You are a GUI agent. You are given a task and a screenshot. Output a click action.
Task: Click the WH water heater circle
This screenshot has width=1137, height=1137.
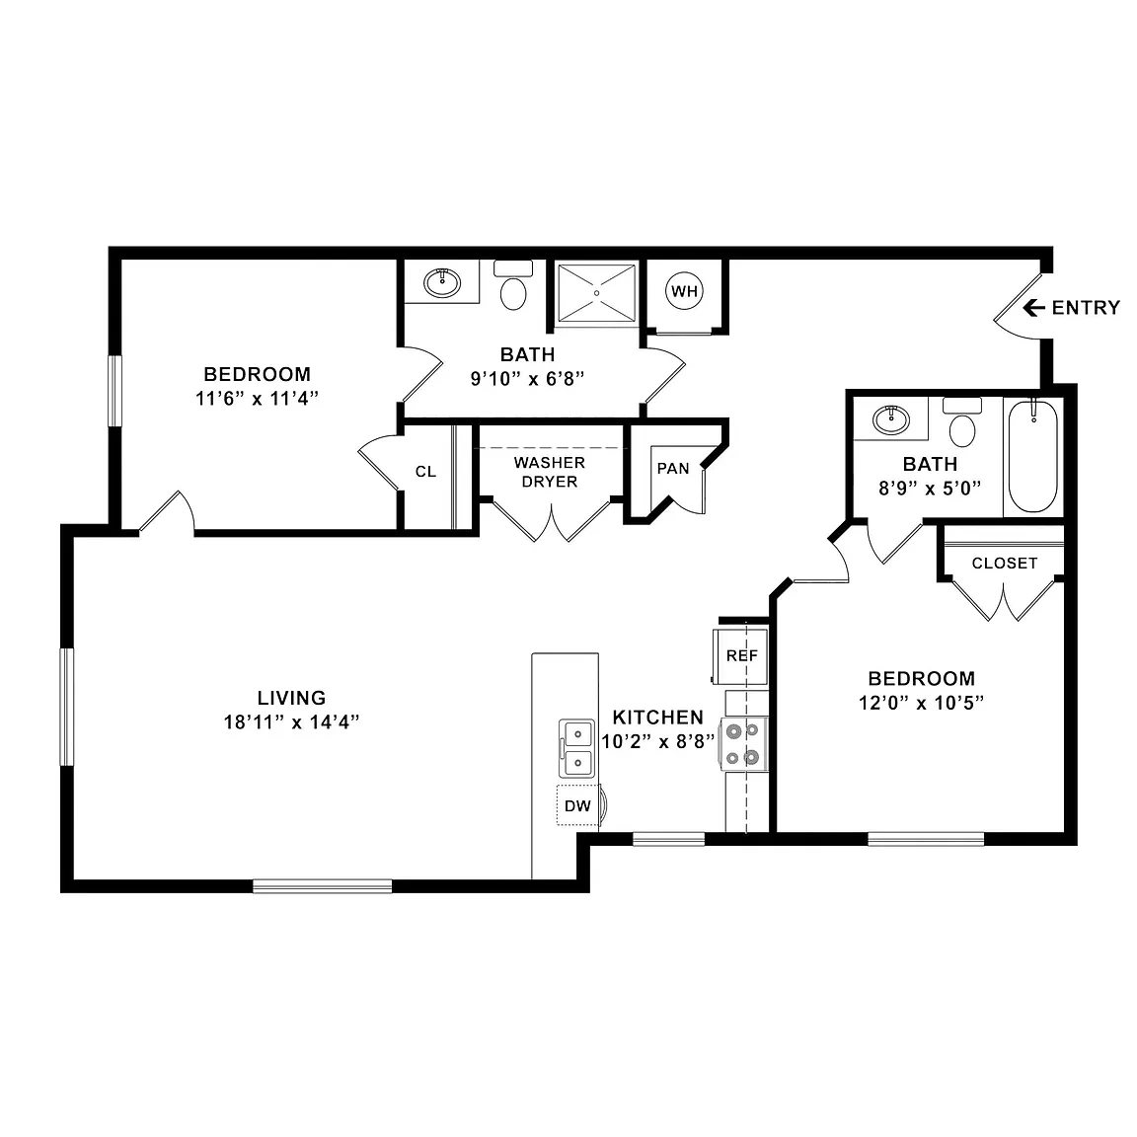pyautogui.click(x=684, y=291)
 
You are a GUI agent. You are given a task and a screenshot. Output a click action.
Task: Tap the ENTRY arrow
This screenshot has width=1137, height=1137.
pyautogui.click(x=1033, y=308)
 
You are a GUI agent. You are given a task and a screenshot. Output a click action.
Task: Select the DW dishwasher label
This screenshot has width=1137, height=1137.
pyautogui.click(x=577, y=805)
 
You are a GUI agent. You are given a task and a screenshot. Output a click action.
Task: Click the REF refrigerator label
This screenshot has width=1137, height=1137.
pyautogui.click(x=742, y=655)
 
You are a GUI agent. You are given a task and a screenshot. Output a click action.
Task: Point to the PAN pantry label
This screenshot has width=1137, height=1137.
pyautogui.click(x=673, y=469)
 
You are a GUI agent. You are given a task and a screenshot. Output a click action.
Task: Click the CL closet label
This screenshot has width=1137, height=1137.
pyautogui.click(x=425, y=472)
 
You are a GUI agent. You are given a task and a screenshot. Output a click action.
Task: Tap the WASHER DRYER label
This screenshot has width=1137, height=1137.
pyautogui.click(x=550, y=472)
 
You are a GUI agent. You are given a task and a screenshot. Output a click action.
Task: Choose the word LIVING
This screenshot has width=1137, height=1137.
pyautogui.click(x=291, y=698)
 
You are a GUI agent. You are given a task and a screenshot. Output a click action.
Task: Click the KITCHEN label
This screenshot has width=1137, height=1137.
pyautogui.click(x=657, y=718)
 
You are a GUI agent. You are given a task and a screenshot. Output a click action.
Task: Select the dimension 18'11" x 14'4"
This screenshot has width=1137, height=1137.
pyautogui.click(x=291, y=722)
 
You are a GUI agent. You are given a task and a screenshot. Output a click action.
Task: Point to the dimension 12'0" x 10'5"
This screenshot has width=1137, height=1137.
pyautogui.click(x=921, y=703)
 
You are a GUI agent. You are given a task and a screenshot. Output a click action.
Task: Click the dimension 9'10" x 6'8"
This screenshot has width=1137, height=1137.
pyautogui.click(x=527, y=379)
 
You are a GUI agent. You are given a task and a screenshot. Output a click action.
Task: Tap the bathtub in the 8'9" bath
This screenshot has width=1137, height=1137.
pyautogui.click(x=1033, y=457)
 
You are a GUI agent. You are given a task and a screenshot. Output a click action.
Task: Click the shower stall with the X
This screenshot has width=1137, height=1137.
pyautogui.click(x=597, y=293)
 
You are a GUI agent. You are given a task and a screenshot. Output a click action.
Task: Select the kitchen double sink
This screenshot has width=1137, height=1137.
pyautogui.click(x=576, y=748)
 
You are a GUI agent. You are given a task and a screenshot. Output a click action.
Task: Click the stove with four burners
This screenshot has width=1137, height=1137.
pyautogui.click(x=743, y=744)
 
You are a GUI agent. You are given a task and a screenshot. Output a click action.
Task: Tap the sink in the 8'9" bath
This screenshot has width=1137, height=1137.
pyautogui.click(x=891, y=419)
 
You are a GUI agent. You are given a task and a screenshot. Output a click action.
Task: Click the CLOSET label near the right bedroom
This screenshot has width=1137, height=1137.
pyautogui.click(x=1005, y=564)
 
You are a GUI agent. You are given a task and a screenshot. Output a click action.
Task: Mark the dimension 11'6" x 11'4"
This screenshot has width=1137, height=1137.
pyautogui.click(x=258, y=398)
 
